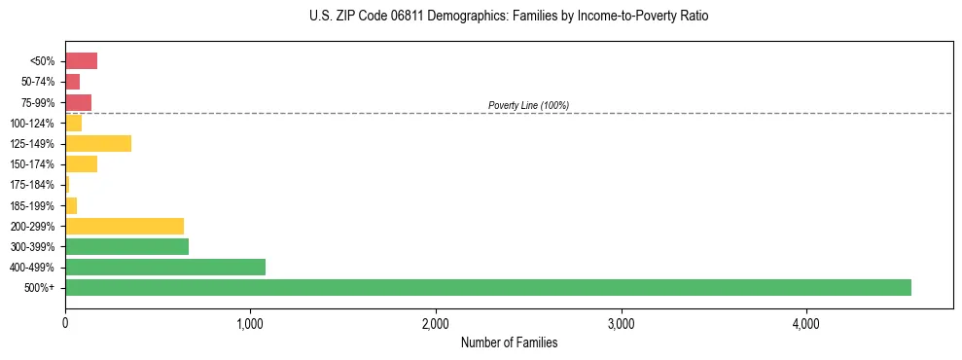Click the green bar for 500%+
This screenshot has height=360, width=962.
point(487,287)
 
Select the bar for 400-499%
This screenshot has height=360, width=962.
point(165,267)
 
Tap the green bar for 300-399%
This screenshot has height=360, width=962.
point(126,246)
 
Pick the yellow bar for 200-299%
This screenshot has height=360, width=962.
point(125,226)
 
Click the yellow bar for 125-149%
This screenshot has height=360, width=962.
point(98,144)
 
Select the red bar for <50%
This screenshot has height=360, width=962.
point(81,61)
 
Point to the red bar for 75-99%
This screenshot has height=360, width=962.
point(78,102)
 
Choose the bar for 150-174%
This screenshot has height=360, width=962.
point(81,164)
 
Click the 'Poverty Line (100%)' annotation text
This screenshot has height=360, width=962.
point(528,105)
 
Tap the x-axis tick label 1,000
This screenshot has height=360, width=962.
point(250,324)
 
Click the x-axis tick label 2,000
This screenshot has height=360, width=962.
point(436,324)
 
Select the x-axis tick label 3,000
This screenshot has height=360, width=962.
point(621,324)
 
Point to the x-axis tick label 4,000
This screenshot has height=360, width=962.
point(805,324)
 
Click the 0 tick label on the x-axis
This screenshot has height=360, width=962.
point(65,324)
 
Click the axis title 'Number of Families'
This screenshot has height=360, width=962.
point(509,342)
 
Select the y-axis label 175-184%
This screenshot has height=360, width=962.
point(32,185)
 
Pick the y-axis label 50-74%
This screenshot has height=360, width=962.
point(38,82)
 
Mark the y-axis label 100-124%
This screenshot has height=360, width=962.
point(32,124)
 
